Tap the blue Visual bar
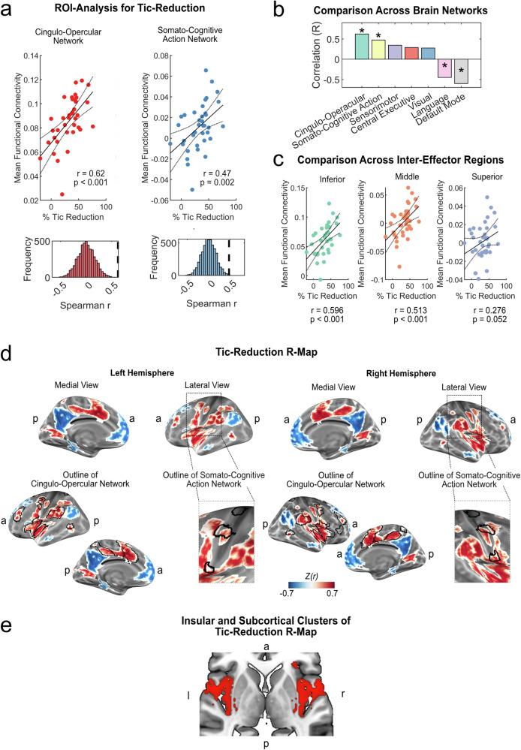pyautogui.click(x=428, y=53)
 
